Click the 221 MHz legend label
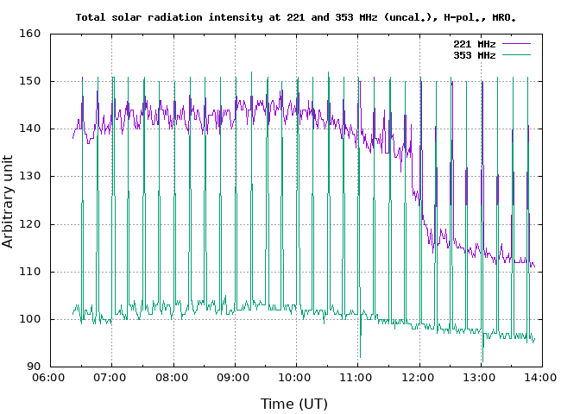click(x=474, y=44)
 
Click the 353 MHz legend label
click(x=474, y=54)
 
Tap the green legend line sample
click(x=515, y=54)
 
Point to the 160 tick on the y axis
click(x=31, y=34)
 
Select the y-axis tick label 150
click(x=31, y=81)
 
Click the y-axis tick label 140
click(x=31, y=129)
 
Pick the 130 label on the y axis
click(x=31, y=176)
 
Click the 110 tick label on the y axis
click(x=31, y=272)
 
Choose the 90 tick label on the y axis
click(x=35, y=367)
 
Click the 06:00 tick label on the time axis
click(x=50, y=378)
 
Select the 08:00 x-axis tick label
click(x=173, y=378)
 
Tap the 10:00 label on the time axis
click(x=296, y=378)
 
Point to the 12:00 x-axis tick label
click(x=419, y=378)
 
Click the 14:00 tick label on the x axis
click(x=542, y=378)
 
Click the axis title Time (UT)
click(x=294, y=403)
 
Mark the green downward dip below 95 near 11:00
click(x=360, y=354)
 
